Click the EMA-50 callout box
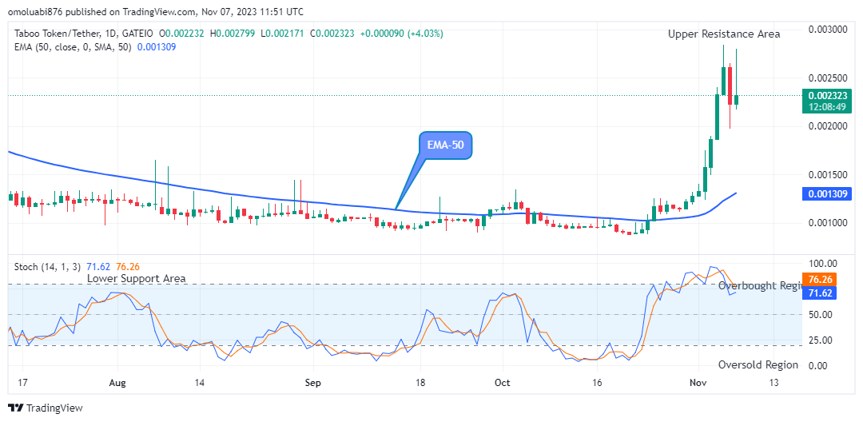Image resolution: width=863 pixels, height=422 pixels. click(x=445, y=145)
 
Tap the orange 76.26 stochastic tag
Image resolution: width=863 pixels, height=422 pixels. click(x=821, y=280)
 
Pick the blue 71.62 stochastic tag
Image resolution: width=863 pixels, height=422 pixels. click(x=821, y=293)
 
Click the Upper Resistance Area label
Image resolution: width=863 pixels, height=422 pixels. click(x=724, y=34)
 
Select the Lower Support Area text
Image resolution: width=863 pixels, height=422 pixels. click(x=137, y=278)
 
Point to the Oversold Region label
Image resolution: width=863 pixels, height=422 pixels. click(x=758, y=364)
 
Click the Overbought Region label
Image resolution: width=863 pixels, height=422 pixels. click(x=758, y=285)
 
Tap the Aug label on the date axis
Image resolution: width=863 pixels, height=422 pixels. click(x=117, y=383)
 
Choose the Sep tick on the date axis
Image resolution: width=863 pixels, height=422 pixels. click(x=312, y=383)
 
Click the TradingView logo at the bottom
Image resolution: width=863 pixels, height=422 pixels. click(x=46, y=408)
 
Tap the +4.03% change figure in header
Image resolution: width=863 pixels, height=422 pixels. click(x=426, y=34)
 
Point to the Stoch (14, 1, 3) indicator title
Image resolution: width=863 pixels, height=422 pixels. click(x=46, y=267)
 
